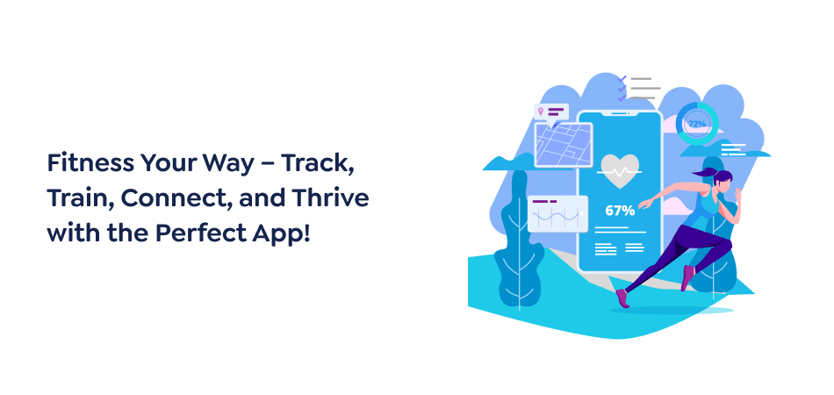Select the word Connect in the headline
[x=173, y=198]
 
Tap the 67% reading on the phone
[x=620, y=211]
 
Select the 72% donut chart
[x=697, y=124]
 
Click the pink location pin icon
[x=543, y=111]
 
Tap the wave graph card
[x=557, y=213]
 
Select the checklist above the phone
[x=638, y=88]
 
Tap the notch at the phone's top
[x=620, y=113]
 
